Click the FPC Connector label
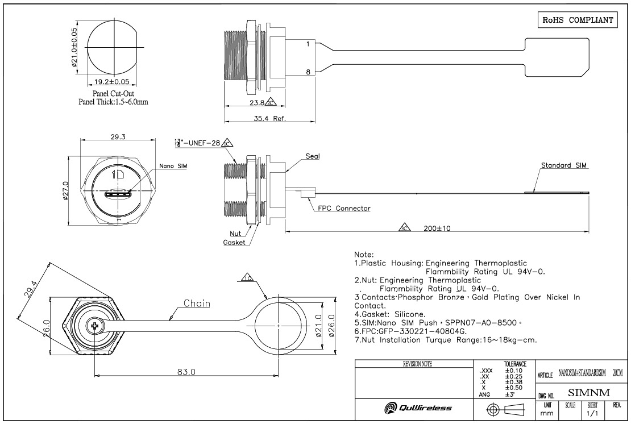[344, 209]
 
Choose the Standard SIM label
[564, 165]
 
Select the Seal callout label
[313, 155]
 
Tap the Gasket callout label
[234, 242]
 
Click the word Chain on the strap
[197, 304]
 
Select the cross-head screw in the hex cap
[94, 327]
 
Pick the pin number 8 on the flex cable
[307, 72]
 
